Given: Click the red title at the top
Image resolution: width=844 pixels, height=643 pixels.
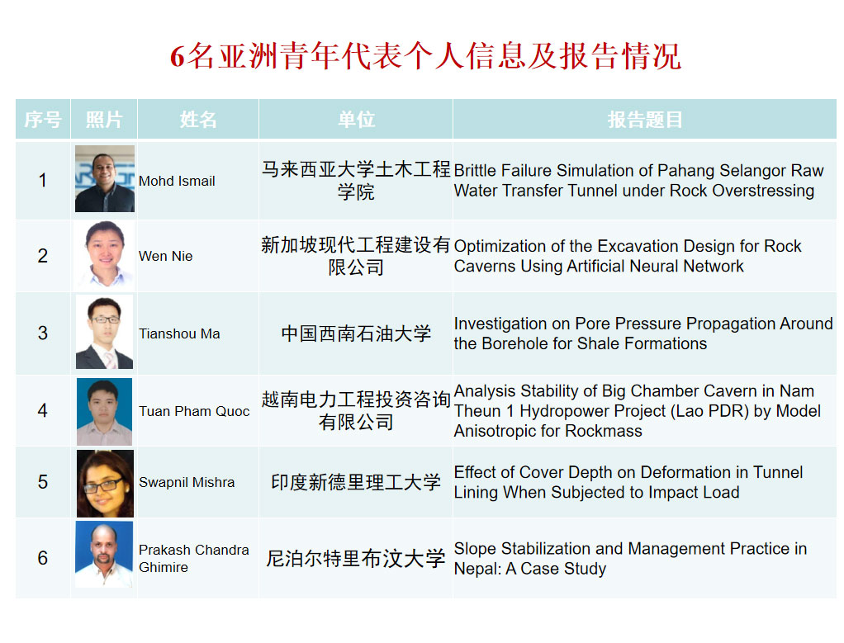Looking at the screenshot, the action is click(x=426, y=56).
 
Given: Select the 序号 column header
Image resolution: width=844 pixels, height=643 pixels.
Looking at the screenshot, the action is click(x=43, y=120).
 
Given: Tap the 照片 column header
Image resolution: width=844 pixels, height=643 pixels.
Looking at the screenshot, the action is click(x=104, y=120).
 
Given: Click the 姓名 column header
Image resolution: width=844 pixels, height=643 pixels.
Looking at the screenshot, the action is click(x=198, y=120).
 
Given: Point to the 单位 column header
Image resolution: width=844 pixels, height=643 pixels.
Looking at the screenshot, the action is click(x=356, y=120).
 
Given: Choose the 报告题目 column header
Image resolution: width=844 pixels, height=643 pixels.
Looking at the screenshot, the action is click(x=645, y=120).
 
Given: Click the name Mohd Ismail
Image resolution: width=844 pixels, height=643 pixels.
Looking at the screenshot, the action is click(x=177, y=182).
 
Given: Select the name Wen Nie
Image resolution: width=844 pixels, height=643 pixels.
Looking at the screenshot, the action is click(x=166, y=256).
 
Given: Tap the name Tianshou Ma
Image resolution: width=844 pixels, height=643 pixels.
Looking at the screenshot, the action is click(x=180, y=333).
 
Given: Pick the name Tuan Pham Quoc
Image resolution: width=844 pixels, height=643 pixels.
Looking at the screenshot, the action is click(x=194, y=411).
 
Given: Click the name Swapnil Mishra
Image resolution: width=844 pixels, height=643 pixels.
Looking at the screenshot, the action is click(x=187, y=482).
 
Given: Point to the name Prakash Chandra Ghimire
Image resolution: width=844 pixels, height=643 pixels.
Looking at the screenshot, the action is click(x=194, y=559).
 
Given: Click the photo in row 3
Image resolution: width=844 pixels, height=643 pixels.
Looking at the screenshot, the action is click(x=104, y=332).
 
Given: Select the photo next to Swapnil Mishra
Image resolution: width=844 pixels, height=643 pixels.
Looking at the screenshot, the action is click(x=105, y=483).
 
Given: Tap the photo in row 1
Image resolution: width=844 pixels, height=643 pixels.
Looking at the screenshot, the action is click(x=105, y=178).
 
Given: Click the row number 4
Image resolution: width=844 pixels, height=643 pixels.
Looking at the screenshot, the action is click(x=42, y=411).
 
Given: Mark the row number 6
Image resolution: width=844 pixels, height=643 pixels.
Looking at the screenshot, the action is click(x=42, y=558).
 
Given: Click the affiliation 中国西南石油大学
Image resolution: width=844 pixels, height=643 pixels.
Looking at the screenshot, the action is click(x=356, y=333).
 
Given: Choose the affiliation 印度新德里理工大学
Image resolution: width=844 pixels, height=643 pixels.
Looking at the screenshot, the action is click(x=356, y=482).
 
